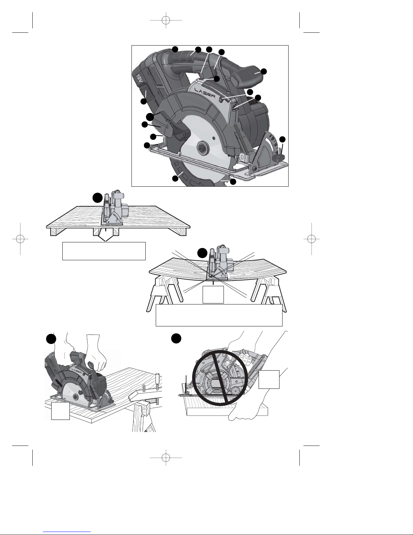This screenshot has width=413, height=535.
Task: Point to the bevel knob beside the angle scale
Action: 280,157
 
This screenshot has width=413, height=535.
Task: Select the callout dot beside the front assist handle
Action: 264,72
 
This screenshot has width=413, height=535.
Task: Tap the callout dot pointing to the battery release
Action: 144,101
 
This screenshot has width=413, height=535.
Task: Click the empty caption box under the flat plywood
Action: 104,251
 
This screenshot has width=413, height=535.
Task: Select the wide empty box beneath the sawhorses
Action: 219,315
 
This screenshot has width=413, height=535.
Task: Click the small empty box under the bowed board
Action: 213,294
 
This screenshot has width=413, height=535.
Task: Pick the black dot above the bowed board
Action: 203,253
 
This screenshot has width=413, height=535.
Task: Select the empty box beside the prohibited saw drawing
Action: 269,379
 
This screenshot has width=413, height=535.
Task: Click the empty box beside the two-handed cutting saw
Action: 60,411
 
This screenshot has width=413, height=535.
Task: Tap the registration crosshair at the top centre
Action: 166,20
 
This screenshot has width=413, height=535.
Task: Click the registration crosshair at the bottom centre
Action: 166,458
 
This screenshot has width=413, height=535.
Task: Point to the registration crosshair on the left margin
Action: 20,239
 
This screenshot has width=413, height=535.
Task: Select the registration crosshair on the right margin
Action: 312,239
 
